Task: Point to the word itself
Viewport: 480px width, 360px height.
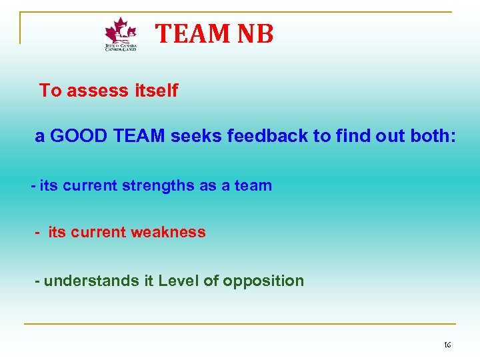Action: coord(153,91)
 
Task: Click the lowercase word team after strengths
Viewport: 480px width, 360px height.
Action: coord(253,186)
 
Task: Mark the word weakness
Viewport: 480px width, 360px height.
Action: coord(169,233)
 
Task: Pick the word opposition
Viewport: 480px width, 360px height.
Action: coord(263,281)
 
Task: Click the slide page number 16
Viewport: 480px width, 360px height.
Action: coord(447,345)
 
